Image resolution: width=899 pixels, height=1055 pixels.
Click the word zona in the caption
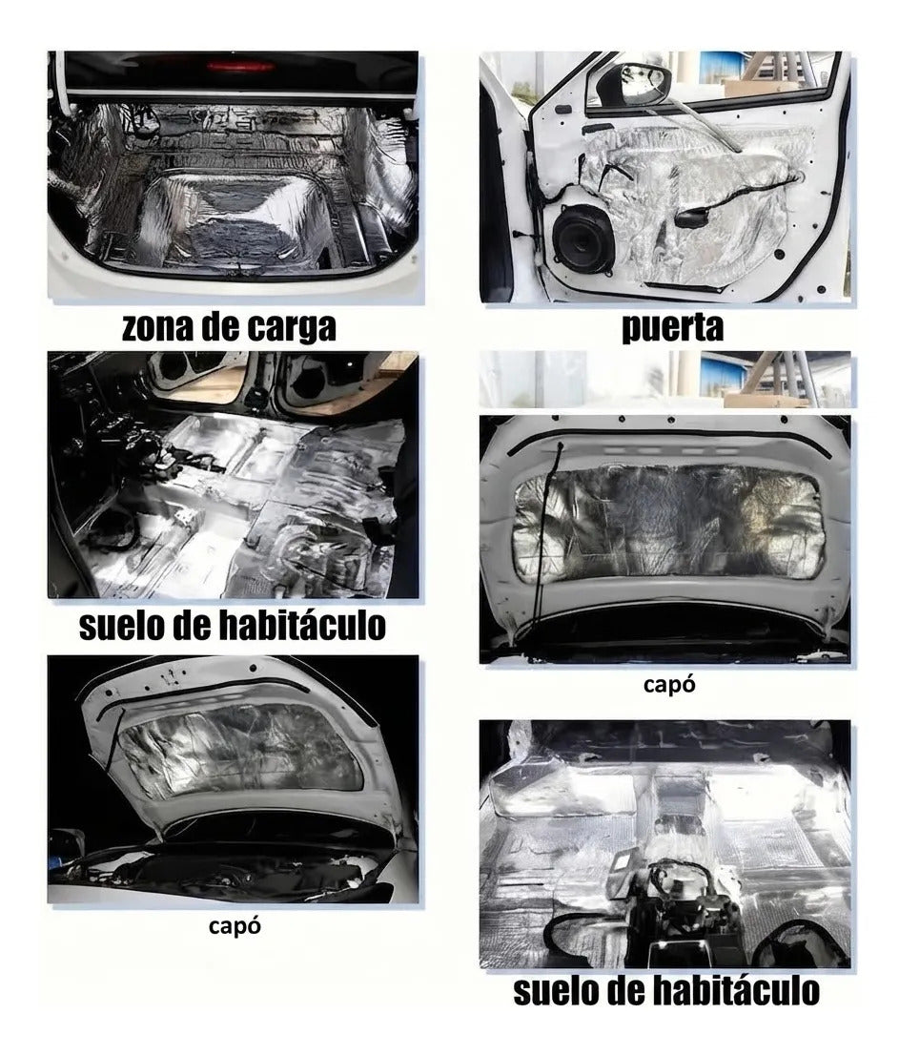pos(153,328)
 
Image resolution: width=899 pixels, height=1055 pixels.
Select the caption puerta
pos(672,329)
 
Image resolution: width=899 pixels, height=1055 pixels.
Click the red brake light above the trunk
pos(240,66)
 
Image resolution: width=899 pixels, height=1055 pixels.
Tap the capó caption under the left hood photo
pos(234,926)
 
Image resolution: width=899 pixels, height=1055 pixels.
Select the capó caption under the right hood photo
pos(669,685)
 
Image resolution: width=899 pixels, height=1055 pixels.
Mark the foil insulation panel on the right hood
pos(668,517)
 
